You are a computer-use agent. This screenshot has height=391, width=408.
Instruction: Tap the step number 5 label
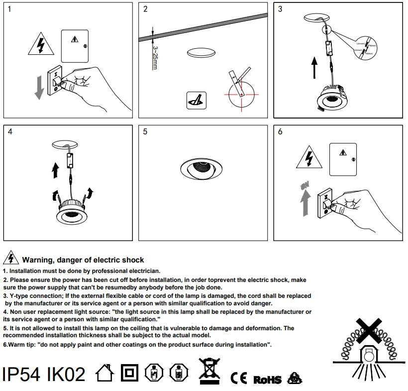(x=145, y=131)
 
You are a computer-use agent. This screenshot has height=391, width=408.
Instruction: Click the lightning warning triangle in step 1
(x=38, y=45)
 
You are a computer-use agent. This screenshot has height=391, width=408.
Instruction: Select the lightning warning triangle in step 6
(x=309, y=158)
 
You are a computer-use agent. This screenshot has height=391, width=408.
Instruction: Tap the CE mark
(x=239, y=378)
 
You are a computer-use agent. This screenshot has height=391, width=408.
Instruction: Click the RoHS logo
(x=267, y=380)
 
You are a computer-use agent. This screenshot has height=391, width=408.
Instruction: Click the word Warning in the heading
(x=37, y=260)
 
